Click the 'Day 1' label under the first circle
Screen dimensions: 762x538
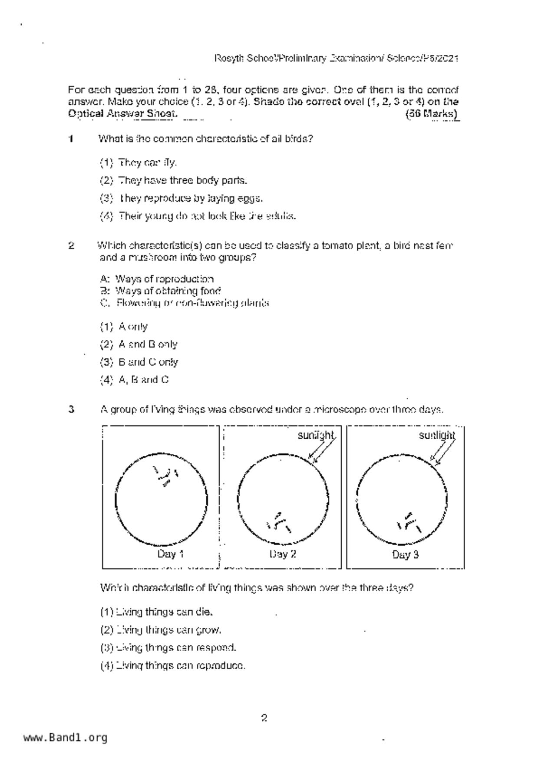coord(170,554)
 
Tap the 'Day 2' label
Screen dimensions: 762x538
coord(283,554)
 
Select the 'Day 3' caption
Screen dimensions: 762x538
coord(405,554)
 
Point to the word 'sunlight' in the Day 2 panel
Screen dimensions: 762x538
coord(316,435)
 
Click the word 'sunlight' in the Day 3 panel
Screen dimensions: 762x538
coord(437,435)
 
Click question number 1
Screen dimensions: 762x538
coord(71,139)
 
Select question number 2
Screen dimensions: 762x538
coord(71,246)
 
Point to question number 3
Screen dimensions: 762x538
coord(71,409)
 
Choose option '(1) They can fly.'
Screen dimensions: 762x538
coord(138,163)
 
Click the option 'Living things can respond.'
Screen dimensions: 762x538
coord(168,648)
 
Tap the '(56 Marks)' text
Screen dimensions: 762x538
coord(431,114)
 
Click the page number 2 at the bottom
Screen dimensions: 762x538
coord(264,718)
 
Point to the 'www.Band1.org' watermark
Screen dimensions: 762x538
coord(65,738)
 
